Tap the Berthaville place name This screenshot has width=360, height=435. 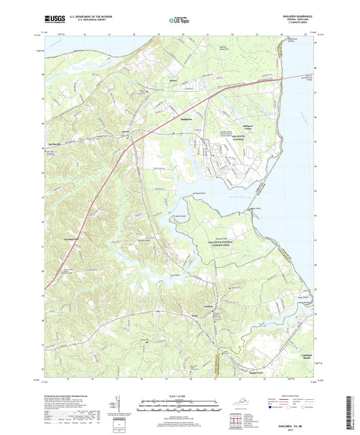pyautogui.click(x=59, y=144)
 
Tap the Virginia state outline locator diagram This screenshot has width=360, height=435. pyautogui.click(x=234, y=407)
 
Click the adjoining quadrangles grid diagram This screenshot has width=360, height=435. pyautogui.click(x=234, y=423)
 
